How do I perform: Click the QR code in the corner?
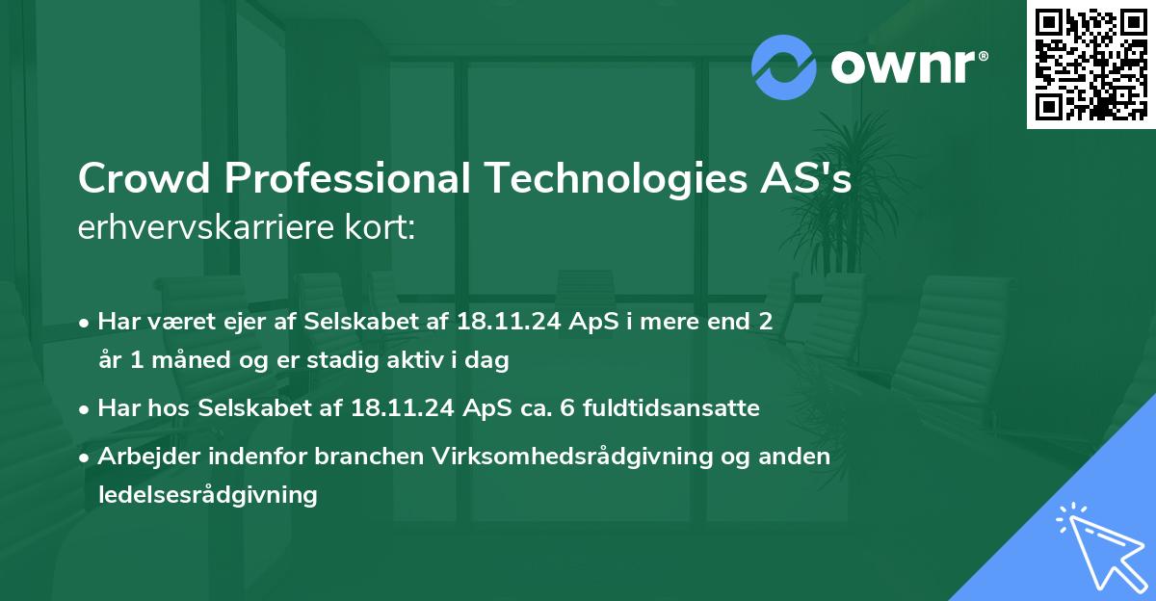click(1091, 64)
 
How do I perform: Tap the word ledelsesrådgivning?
click(207, 495)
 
